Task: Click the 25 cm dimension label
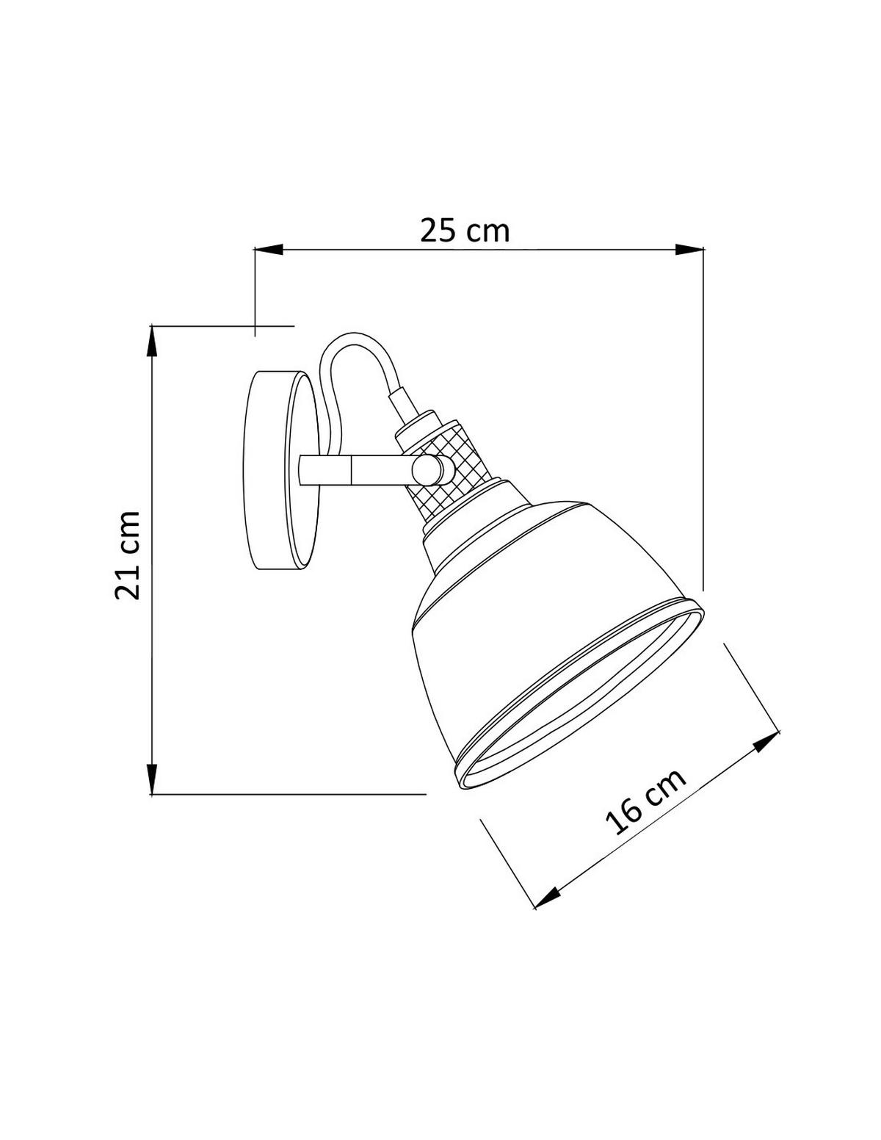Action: coord(464,231)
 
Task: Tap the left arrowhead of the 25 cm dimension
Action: coord(269,250)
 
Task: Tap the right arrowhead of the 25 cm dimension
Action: coord(689,250)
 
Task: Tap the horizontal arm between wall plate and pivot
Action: coord(352,469)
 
